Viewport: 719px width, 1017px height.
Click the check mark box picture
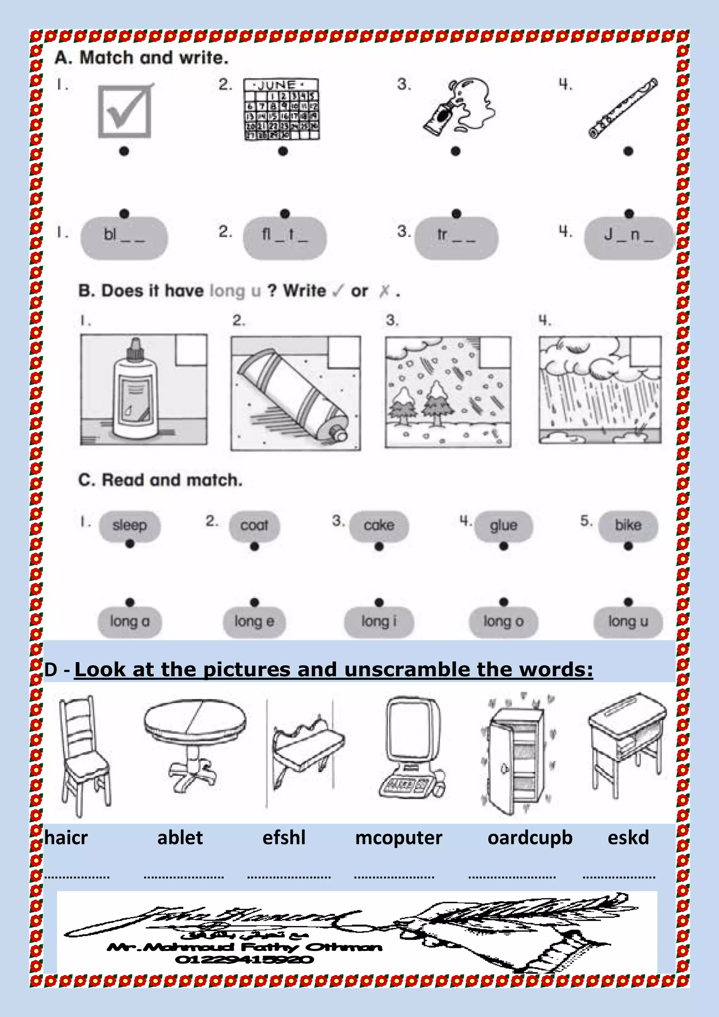(125, 111)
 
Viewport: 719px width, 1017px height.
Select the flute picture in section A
(623, 108)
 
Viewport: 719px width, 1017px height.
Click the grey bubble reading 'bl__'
(124, 238)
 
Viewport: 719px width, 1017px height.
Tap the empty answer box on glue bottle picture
(191, 350)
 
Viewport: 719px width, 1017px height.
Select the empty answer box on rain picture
(646, 352)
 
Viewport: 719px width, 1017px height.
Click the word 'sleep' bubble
(129, 525)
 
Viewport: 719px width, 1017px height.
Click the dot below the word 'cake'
(379, 547)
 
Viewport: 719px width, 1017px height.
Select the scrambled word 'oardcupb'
(530, 838)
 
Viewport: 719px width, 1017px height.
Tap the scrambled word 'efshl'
(284, 838)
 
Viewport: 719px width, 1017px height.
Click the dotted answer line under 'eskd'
(619, 877)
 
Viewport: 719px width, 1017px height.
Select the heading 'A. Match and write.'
(142, 58)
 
